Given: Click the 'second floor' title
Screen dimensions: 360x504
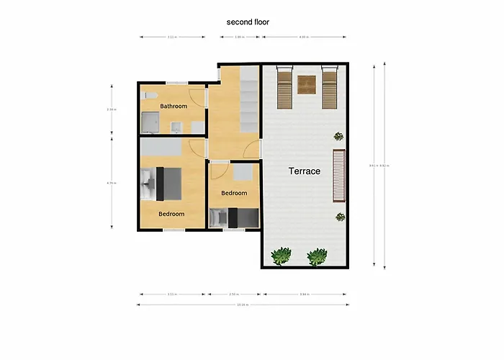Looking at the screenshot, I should [248, 22].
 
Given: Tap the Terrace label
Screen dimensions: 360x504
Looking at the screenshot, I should [305, 171].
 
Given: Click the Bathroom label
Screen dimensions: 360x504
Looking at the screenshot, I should [174, 107].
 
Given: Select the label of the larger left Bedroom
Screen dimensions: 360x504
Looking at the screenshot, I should [171, 214].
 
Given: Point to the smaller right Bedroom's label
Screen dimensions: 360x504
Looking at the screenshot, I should [234, 193].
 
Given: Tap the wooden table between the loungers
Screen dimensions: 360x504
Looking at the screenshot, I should [307, 85].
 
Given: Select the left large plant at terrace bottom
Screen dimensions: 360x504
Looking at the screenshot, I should [281, 255].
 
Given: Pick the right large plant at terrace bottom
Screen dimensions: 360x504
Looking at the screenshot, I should [318, 256].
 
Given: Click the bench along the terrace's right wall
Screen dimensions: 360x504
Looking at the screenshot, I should [339, 176].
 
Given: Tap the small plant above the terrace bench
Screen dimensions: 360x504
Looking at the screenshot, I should [338, 136].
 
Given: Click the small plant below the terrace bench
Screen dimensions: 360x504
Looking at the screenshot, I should [340, 217].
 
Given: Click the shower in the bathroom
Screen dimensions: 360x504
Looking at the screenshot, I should [150, 124].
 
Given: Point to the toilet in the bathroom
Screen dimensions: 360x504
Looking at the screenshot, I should [149, 95].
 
